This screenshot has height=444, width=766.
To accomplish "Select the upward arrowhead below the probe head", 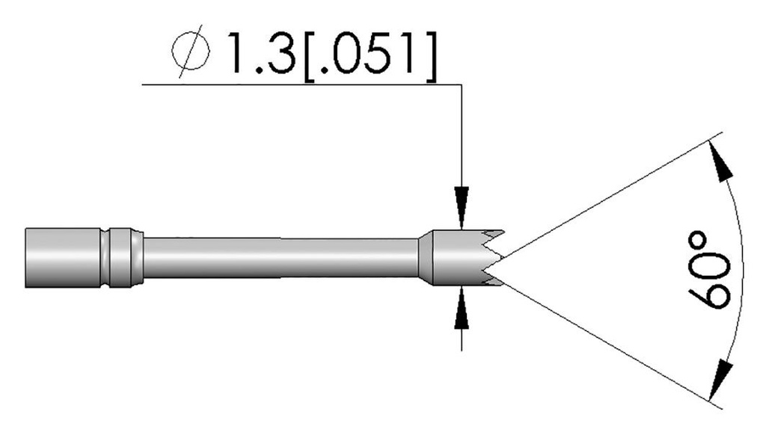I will (463, 306).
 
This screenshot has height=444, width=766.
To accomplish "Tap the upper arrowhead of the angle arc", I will (720, 163).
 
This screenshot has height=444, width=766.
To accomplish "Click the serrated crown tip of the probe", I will (490, 258).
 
